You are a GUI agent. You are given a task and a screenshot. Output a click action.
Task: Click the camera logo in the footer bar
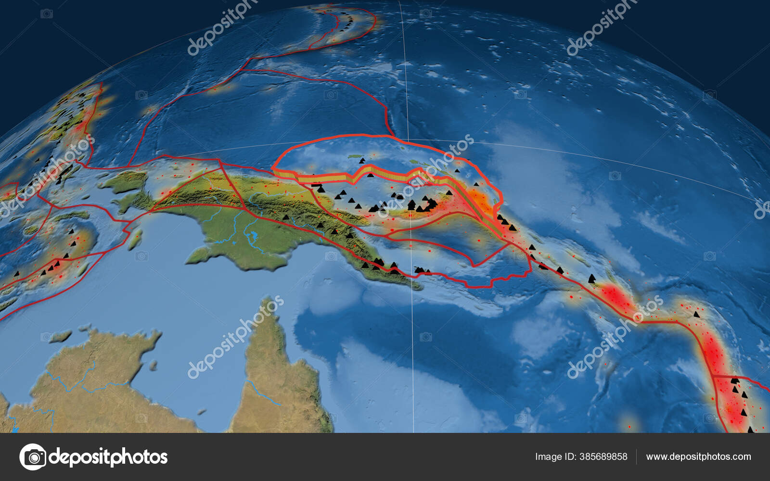click(33, 456)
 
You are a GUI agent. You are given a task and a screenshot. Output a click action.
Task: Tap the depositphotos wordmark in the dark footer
click(108, 456)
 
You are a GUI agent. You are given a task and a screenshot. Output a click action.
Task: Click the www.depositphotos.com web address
click(698, 456)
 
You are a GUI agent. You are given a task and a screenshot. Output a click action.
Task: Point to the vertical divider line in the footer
click(637, 456)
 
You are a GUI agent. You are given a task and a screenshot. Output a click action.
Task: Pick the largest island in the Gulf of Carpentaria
click(60, 335)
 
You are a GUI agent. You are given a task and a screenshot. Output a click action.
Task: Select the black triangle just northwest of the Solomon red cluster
click(591, 278)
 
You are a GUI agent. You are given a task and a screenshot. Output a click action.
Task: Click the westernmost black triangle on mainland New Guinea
click(286, 217)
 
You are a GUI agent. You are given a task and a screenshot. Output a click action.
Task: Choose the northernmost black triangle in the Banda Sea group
click(71, 231)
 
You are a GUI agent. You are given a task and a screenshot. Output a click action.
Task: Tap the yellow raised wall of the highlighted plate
click(332, 178)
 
